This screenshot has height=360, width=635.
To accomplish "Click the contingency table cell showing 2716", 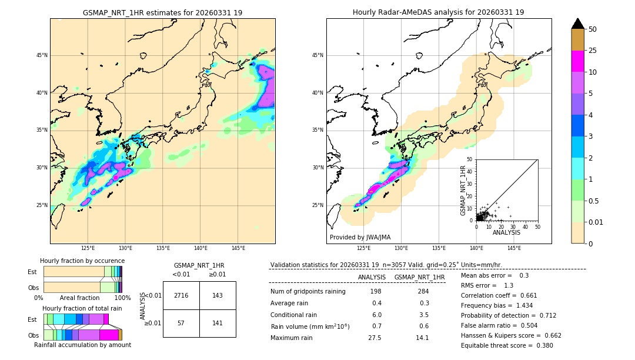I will point(181,295).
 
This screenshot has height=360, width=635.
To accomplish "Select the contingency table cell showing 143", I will point(218,295).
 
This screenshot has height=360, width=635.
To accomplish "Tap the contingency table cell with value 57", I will point(181,323).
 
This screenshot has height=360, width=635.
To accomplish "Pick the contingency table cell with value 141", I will point(218,323).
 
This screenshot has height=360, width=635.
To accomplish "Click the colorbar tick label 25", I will point(593,51).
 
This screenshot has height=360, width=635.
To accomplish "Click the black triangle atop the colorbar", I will point(578,24).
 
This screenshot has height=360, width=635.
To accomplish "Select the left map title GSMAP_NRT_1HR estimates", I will point(162,12).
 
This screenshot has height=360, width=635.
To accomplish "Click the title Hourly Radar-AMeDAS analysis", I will point(439,12).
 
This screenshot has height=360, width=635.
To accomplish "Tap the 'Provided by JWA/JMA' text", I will point(360,237).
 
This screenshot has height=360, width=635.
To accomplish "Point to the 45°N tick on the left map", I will point(41,55).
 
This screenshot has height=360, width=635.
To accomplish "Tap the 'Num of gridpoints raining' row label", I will point(308,292).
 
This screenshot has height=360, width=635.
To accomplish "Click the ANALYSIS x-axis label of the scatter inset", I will point(506,232).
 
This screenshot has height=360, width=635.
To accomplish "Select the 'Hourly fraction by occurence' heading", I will point(82,261).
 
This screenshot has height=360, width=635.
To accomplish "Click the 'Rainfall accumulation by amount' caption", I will point(82,345).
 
